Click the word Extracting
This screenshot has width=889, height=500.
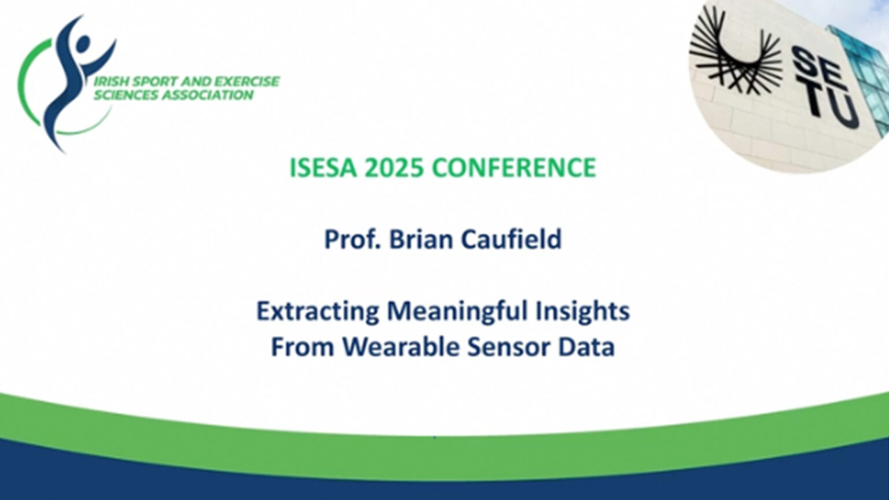(x=318, y=311)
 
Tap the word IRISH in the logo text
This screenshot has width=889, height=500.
(x=112, y=82)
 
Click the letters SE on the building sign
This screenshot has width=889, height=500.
(x=812, y=69)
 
